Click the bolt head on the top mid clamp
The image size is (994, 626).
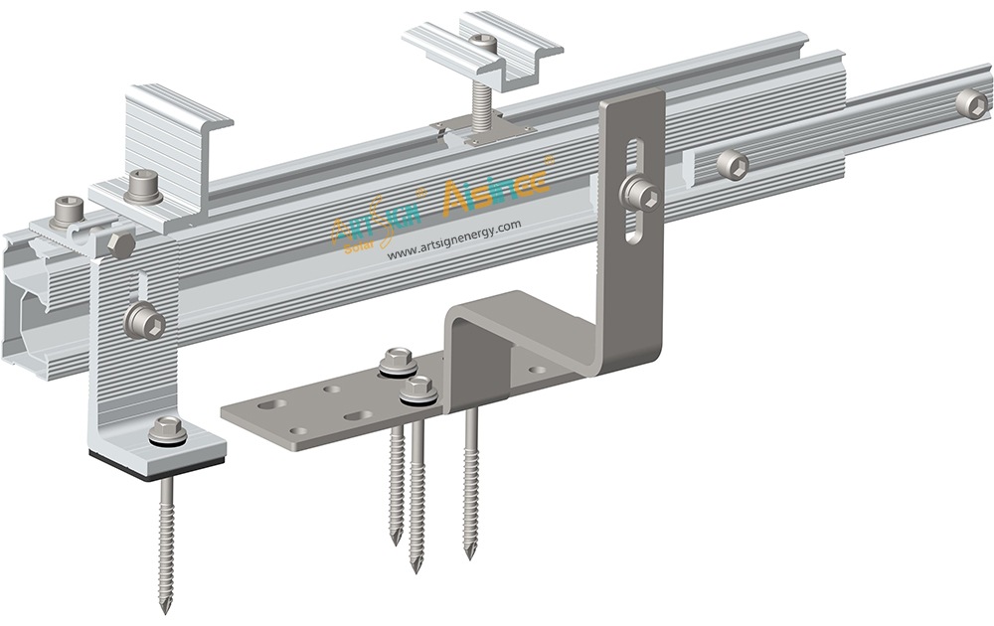(484, 41)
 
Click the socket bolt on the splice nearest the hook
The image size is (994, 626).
(733, 164)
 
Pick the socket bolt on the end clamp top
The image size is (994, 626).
(139, 184)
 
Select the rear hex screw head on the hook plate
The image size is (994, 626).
(399, 361)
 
